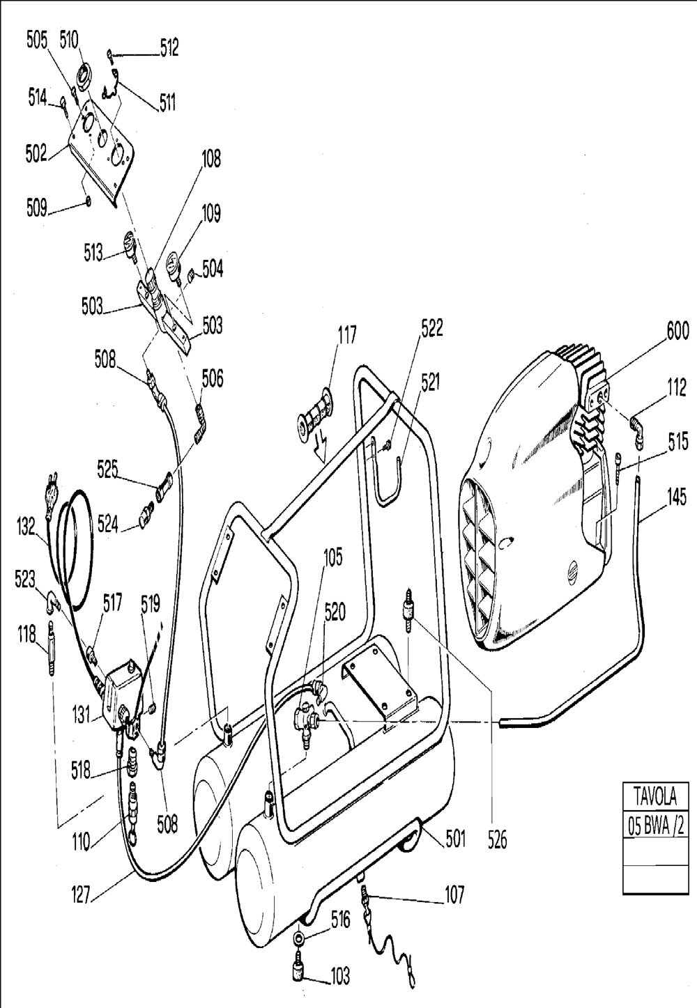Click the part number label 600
pos(677,331)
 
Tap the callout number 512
pos(169,47)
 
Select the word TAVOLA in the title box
pos(655,796)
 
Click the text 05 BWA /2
pos(656,827)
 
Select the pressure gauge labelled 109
pos(174,265)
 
